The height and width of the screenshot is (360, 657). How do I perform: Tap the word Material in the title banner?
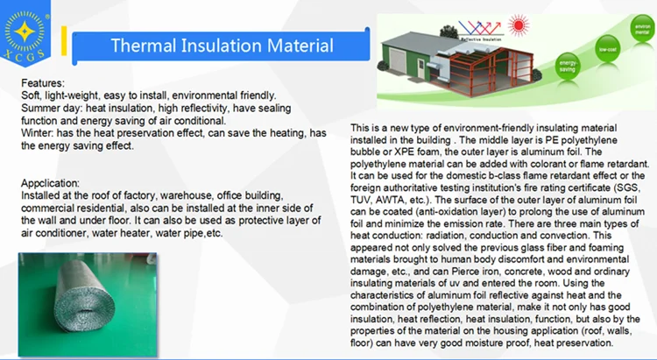point(298,46)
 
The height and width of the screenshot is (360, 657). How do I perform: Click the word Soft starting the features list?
point(31,95)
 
